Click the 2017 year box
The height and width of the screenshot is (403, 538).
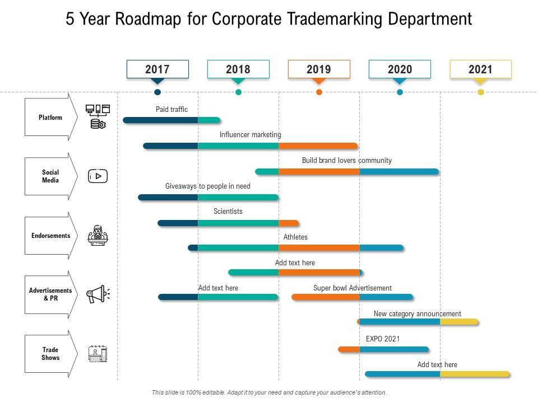157,69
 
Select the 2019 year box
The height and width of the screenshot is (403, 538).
319,69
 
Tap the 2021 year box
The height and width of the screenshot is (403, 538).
480,69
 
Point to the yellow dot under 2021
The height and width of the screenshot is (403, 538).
480,92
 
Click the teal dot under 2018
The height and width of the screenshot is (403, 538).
238,92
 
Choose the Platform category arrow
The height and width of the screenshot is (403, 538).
50,118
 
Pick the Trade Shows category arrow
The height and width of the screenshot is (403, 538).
50,354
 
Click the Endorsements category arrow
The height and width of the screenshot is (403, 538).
50,236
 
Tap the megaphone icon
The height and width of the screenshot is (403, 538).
98,294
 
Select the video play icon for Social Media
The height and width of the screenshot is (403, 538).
98,176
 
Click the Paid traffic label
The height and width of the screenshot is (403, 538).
172,110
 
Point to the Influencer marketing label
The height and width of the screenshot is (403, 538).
251,135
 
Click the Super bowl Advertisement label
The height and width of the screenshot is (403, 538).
353,288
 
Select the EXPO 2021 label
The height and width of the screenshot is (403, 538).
383,339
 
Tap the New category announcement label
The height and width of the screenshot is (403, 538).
418,314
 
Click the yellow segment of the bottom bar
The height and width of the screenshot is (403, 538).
475,374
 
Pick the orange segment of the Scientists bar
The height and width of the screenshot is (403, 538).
288,223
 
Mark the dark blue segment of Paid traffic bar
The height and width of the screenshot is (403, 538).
161,120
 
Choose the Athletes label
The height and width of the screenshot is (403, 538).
295,237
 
